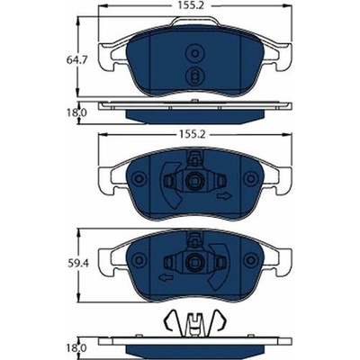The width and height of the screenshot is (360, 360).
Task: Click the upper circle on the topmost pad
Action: tap(194, 54)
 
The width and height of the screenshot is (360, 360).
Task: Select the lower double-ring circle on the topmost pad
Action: tap(194, 76)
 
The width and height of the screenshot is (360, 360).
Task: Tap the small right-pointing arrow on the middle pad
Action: tap(225, 196)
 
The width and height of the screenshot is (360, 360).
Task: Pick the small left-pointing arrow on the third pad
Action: tap(166, 277)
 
